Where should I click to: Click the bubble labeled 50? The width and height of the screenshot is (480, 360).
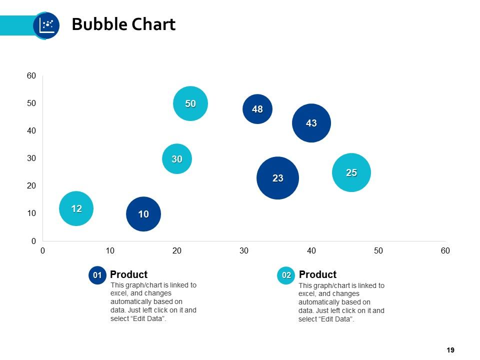(190, 103)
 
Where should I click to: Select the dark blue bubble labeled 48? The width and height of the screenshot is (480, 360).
(257, 109)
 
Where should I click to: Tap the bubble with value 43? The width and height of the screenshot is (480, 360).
(311, 123)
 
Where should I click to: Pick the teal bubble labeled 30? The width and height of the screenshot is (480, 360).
(177, 159)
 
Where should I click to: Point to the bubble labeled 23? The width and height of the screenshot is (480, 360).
(277, 178)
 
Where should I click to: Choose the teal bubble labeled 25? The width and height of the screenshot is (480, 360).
(351, 172)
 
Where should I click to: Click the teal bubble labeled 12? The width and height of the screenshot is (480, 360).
(76, 208)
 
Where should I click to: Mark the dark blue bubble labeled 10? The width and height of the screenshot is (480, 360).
(143, 214)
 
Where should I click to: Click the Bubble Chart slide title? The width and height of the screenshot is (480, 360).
(123, 24)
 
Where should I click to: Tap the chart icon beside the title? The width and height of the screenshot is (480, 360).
(46, 25)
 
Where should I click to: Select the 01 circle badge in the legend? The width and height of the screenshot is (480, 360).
(97, 275)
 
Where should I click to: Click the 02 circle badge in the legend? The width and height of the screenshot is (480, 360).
(286, 275)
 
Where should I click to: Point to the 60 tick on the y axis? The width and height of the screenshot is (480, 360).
(31, 76)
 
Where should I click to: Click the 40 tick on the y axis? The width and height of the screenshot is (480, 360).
(31, 131)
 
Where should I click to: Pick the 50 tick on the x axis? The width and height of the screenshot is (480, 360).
(378, 250)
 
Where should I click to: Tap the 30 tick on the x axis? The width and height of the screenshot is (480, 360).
(244, 250)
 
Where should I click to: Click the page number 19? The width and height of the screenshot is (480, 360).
(450, 350)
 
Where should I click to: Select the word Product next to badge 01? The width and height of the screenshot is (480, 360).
(128, 274)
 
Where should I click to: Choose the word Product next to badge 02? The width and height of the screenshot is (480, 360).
(317, 274)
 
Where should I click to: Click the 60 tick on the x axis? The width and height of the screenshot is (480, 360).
(445, 250)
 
